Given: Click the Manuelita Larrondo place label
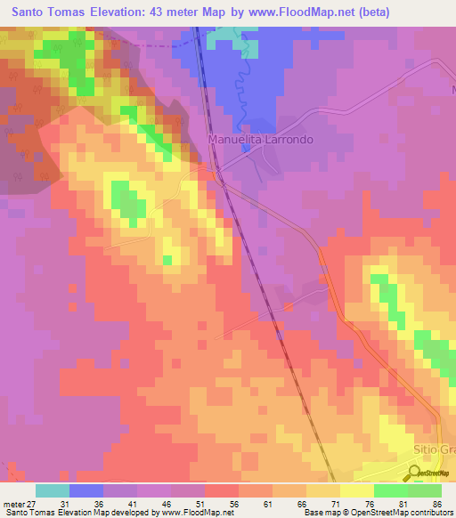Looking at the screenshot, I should pyautogui.click(x=261, y=140).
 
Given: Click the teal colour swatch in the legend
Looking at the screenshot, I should pyautogui.click(x=53, y=490).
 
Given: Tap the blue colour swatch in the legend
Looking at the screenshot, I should pyautogui.click(x=86, y=490).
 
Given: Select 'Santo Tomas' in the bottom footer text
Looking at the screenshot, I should pyautogui.click(x=26, y=513).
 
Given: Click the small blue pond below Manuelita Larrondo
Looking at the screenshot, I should pyautogui.click(x=246, y=149).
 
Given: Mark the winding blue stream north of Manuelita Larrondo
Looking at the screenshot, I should pyautogui.click(x=238, y=89).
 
